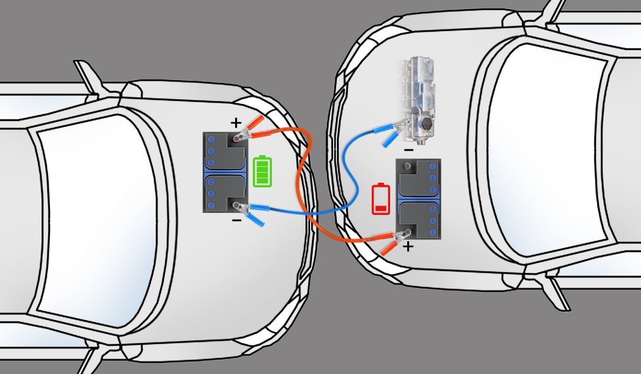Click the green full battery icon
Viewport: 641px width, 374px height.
[262, 171]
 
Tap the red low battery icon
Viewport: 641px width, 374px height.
[380, 199]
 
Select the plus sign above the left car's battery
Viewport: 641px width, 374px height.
[236, 122]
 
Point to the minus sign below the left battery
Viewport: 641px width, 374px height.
[236, 220]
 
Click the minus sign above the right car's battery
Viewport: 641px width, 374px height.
[409, 149]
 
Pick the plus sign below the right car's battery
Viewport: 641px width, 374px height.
[409, 247]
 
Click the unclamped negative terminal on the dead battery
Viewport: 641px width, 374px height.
[409, 168]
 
